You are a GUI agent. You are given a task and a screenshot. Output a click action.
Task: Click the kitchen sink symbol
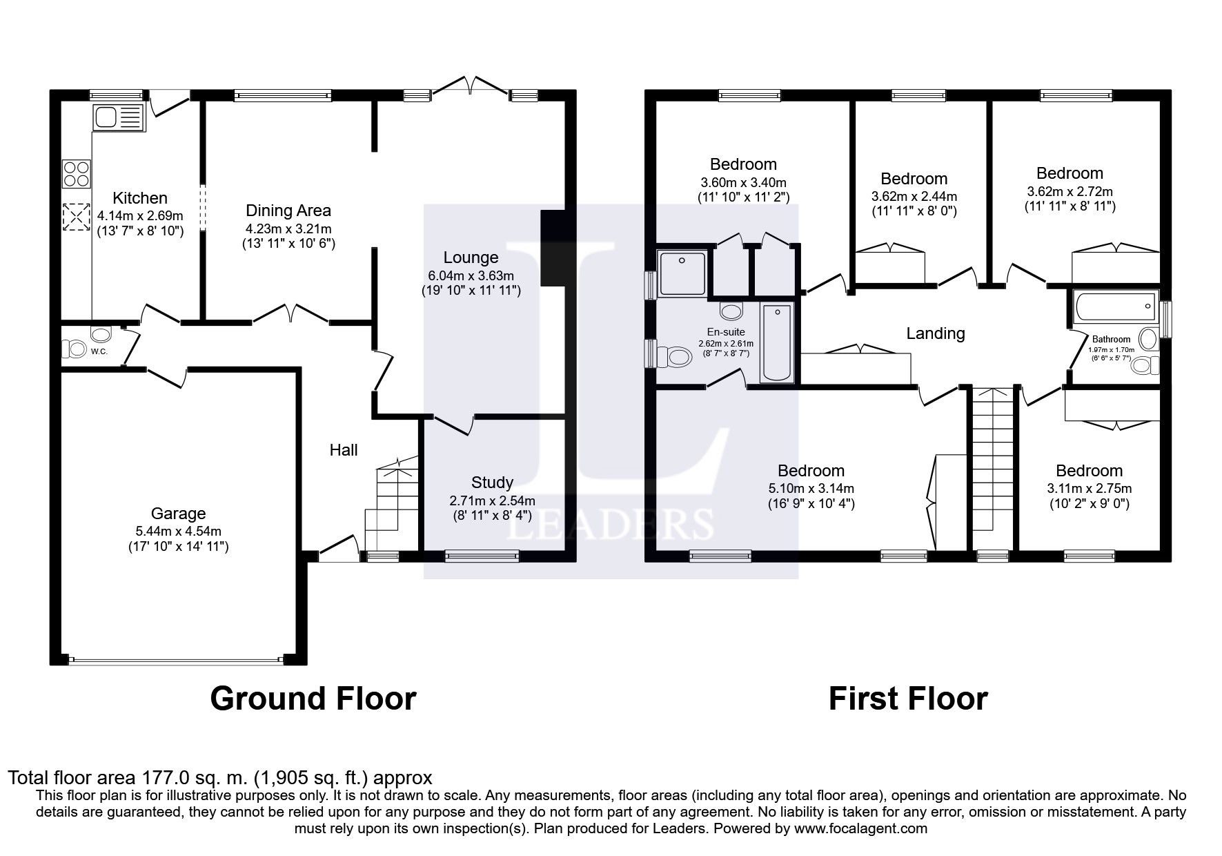coord(118,119)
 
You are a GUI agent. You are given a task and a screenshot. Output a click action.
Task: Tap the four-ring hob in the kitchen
coord(77,173)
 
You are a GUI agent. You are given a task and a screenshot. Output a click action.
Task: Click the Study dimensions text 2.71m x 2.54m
coord(492,500)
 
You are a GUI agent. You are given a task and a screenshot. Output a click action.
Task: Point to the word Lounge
coord(471,257)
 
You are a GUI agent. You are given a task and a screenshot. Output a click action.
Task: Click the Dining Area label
coord(288,211)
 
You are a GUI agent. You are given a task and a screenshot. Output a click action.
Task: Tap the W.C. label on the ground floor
coord(99,351)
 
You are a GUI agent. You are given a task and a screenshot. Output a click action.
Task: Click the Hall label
coord(343,450)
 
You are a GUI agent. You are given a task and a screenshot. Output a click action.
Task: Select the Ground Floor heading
coord(313,699)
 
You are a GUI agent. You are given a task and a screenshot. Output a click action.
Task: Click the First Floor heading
coord(907,699)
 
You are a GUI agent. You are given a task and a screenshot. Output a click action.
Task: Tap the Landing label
coord(935,333)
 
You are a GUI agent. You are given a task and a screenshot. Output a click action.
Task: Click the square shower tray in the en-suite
coord(682,273)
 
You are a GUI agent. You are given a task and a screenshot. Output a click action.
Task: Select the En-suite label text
coord(726,332)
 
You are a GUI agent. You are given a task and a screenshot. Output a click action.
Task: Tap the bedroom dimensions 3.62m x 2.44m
coord(914,196)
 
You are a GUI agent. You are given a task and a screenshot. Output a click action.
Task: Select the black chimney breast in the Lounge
coord(553,249)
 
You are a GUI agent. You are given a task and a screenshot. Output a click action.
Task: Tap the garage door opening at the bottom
coord(176,660)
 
